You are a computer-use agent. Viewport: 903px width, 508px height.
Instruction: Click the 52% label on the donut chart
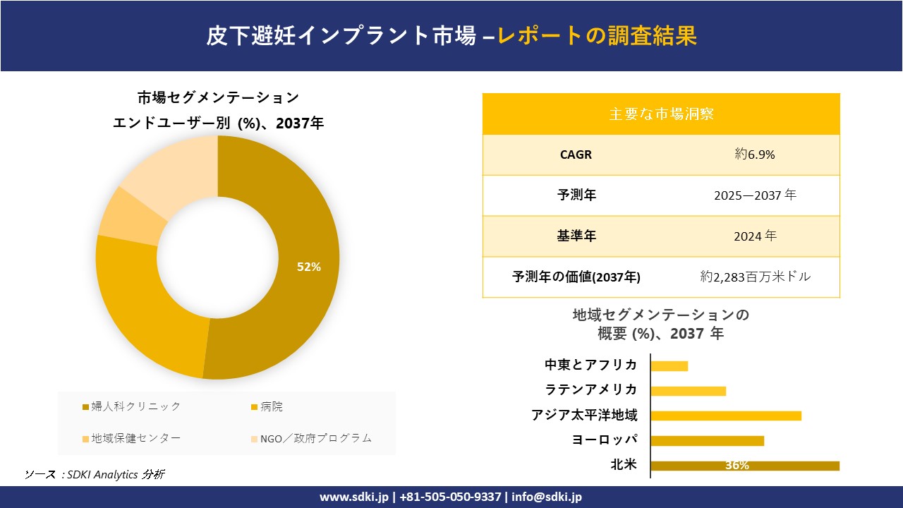point(309,267)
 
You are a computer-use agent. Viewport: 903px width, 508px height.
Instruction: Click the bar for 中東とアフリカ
point(669,365)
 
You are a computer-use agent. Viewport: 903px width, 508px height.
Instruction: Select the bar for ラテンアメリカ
point(688,391)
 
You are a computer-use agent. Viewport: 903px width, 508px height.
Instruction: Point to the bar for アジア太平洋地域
point(725,416)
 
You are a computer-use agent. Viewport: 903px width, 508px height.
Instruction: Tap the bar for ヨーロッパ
point(707,440)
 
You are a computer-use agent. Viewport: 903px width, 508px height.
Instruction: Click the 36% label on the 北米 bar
point(737,466)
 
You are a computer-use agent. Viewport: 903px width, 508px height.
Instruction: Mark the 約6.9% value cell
point(754,155)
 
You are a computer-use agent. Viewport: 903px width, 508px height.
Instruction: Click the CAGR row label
point(576,155)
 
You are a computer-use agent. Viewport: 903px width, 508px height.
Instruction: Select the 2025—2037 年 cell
point(754,195)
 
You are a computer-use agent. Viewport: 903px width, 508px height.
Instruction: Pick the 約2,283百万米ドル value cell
point(755,277)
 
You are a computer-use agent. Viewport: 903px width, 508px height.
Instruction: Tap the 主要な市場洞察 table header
point(661,114)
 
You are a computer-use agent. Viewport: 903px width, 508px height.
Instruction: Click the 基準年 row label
point(576,236)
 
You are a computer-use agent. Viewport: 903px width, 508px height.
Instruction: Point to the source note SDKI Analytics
point(95,474)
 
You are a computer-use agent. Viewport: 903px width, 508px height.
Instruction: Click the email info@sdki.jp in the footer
point(547,497)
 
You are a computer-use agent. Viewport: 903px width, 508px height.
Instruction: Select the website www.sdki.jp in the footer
point(354,497)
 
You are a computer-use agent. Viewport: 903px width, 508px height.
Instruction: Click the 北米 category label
point(624,465)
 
